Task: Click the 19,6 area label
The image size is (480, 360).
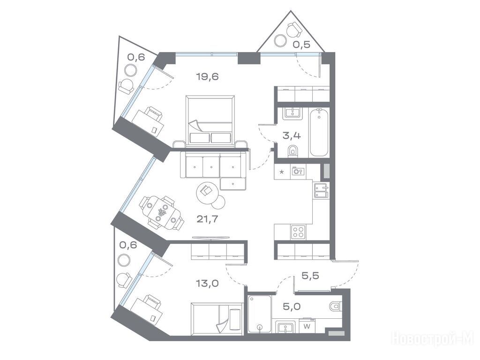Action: click(207, 76)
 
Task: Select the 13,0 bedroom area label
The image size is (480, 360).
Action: click(207, 284)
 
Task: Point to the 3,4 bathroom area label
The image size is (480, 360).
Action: click(292, 135)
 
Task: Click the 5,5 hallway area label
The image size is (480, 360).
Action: click(310, 276)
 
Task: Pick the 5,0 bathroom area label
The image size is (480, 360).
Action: click(292, 307)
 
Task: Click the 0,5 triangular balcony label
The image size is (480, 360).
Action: click(301, 45)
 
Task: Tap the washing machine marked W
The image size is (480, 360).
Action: click(307, 326)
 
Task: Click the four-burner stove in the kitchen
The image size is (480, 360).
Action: click(298, 232)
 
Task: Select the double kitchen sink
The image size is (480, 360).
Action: click(321, 190)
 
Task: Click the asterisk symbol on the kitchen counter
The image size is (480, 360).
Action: click(282, 172)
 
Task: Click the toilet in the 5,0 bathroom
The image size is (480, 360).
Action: click(335, 306)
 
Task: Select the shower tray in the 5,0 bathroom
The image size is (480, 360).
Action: click(260, 314)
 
